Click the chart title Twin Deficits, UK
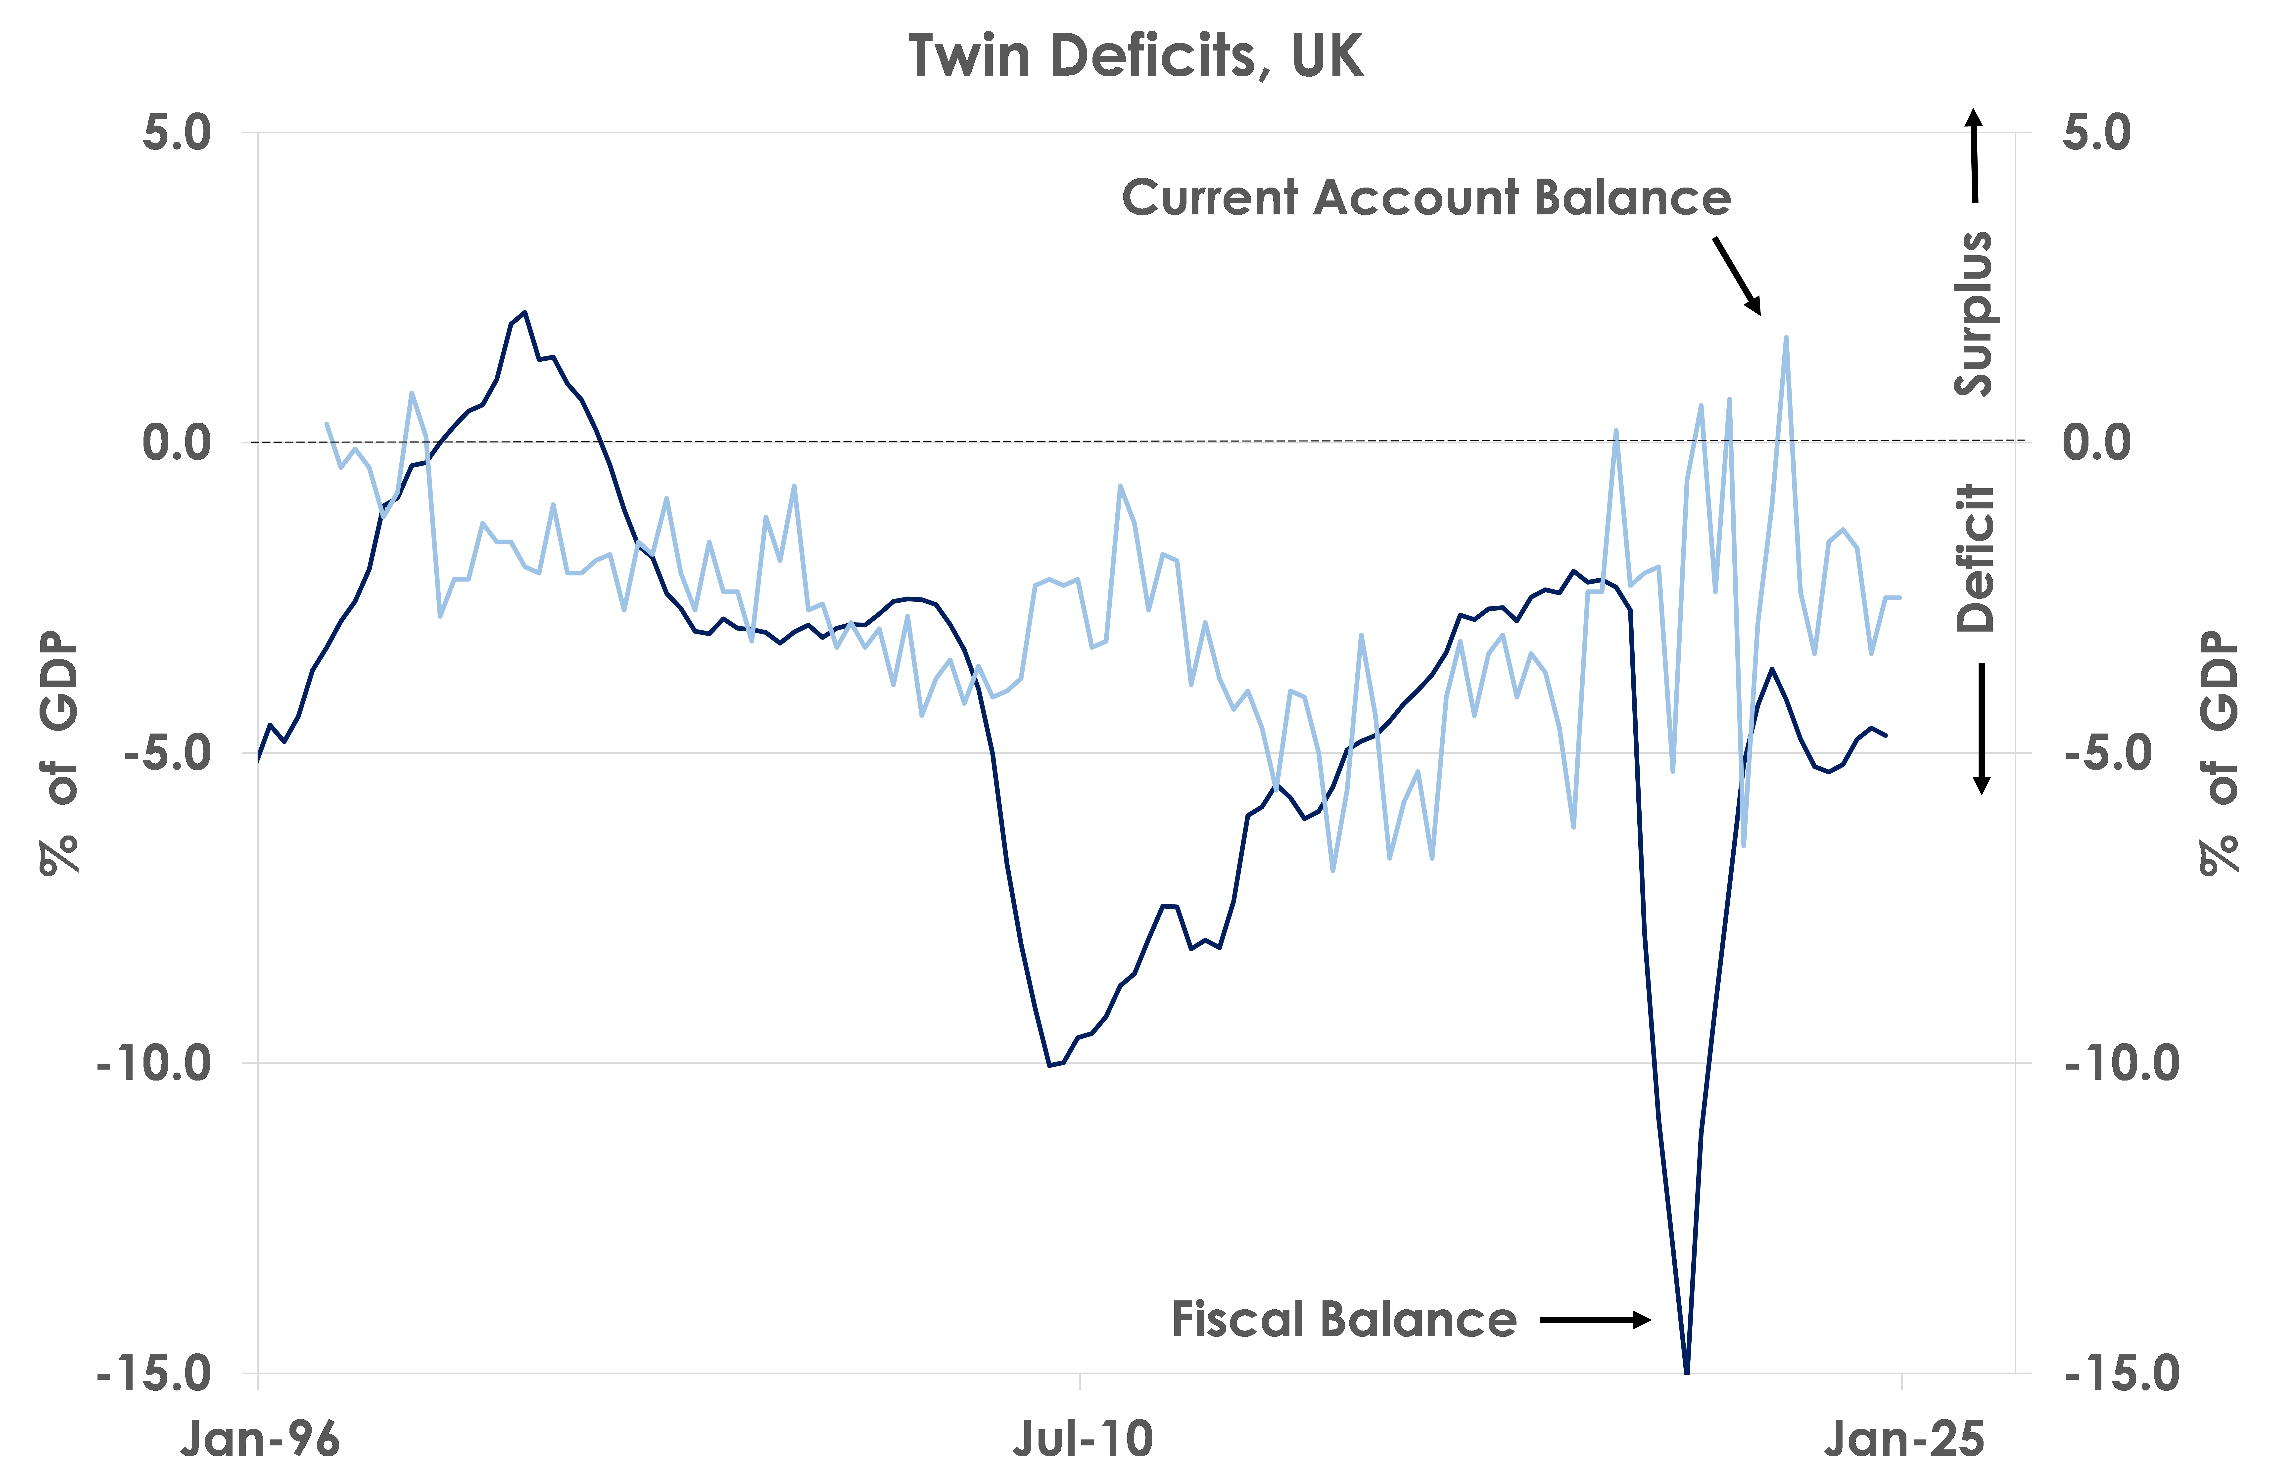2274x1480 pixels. coord(1135,55)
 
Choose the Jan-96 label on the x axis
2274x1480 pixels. coord(260,1438)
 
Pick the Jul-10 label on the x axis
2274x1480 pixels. coord(1083,1438)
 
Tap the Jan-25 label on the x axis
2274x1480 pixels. coord(1904,1438)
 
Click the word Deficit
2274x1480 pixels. coord(1975,558)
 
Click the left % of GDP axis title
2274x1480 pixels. coord(59,753)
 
